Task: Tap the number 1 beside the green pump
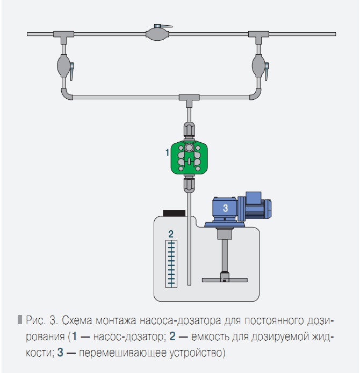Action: tap(167, 153)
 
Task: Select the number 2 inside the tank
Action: tap(170, 233)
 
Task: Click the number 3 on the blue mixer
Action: tap(226, 207)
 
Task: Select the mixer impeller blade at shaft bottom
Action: tap(225, 279)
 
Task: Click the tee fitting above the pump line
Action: tap(189, 99)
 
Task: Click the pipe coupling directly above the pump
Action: tap(189, 131)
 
